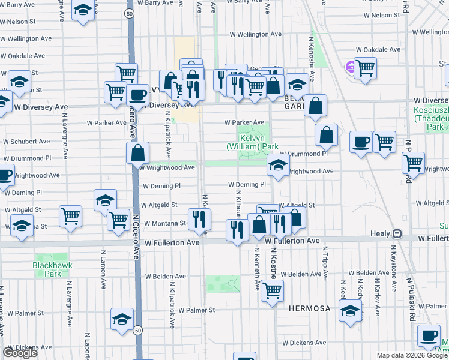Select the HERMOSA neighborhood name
309,308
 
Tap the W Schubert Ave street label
26,142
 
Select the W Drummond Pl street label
303,154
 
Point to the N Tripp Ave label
325,263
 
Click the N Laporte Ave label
88,346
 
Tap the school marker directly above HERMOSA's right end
350,310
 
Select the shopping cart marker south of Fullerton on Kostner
273,292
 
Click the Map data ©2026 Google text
411,355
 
